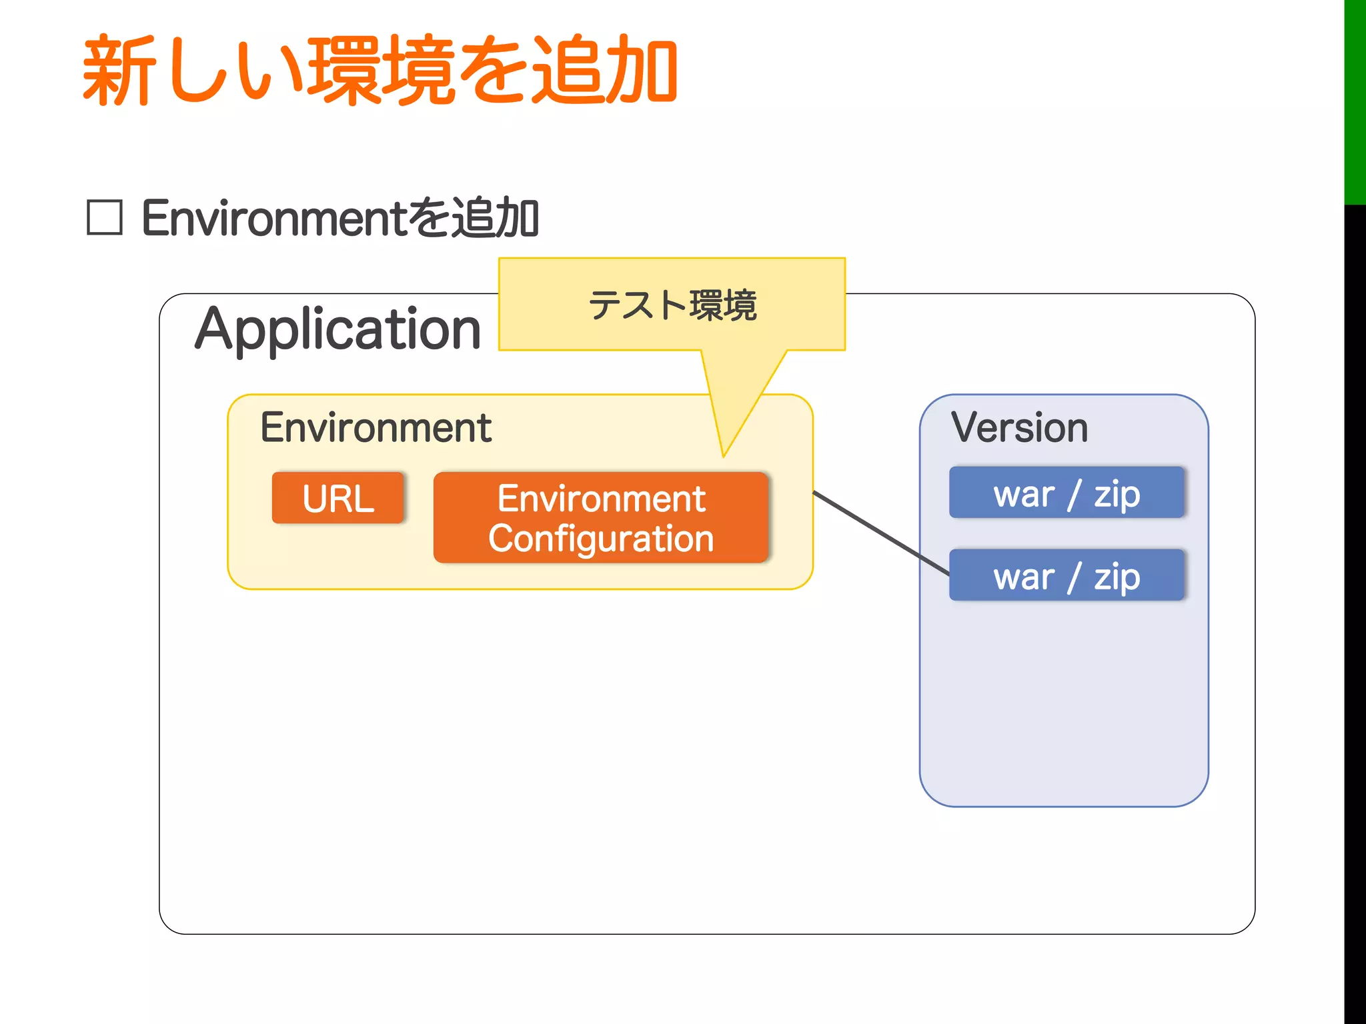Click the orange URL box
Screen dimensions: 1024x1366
click(x=338, y=498)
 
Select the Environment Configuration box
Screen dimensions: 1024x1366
click(x=601, y=518)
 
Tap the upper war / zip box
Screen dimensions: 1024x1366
click(x=1067, y=493)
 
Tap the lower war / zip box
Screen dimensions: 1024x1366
click(x=1067, y=575)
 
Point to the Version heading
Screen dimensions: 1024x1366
click(x=1019, y=427)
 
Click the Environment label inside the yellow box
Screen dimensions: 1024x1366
click(x=376, y=427)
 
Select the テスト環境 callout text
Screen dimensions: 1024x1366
click(x=672, y=305)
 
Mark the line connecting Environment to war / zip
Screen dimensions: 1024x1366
click(x=880, y=533)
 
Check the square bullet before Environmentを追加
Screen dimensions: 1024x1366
click(x=105, y=218)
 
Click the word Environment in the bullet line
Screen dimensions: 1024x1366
click(x=273, y=218)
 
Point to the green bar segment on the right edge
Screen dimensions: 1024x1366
click(x=1355, y=100)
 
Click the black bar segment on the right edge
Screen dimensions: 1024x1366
click(x=1355, y=600)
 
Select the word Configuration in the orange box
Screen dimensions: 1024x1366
click(x=601, y=539)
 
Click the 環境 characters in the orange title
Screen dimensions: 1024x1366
click(x=380, y=70)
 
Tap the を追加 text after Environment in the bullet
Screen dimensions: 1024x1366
click(x=474, y=218)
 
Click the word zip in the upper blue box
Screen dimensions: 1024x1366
click(x=1117, y=494)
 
